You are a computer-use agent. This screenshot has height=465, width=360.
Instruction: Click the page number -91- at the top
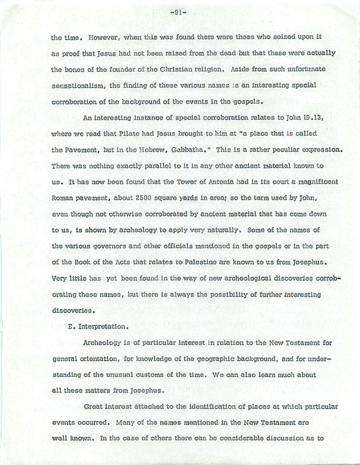pyautogui.click(x=179, y=13)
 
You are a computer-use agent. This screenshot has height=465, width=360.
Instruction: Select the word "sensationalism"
pyautogui.click(x=79, y=85)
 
